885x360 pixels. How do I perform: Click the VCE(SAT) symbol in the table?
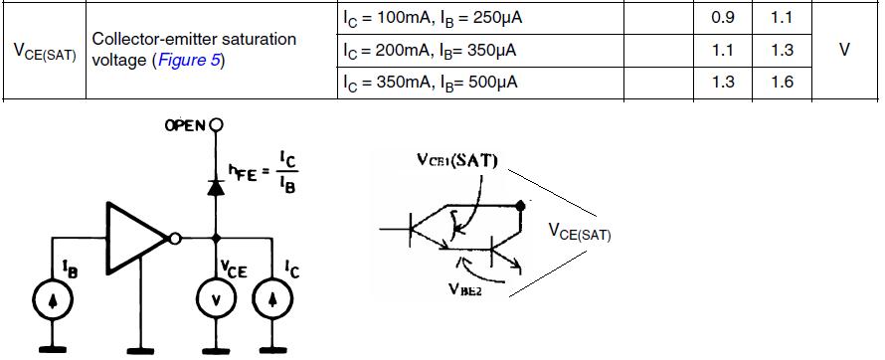point(45,51)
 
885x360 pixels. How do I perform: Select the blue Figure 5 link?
point(189,60)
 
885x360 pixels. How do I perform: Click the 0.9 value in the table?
point(723,18)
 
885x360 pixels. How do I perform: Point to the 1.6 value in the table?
point(782,83)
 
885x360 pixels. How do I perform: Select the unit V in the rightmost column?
point(844,50)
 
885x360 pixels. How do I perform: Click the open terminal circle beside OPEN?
point(216,124)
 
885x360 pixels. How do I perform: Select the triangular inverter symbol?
point(137,239)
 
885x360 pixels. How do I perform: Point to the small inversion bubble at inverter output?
point(176,239)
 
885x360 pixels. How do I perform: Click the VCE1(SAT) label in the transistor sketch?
point(457,161)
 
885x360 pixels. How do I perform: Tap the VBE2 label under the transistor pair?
point(465,289)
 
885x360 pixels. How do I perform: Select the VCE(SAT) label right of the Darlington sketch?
point(580,232)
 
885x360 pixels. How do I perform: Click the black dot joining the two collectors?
point(520,206)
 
